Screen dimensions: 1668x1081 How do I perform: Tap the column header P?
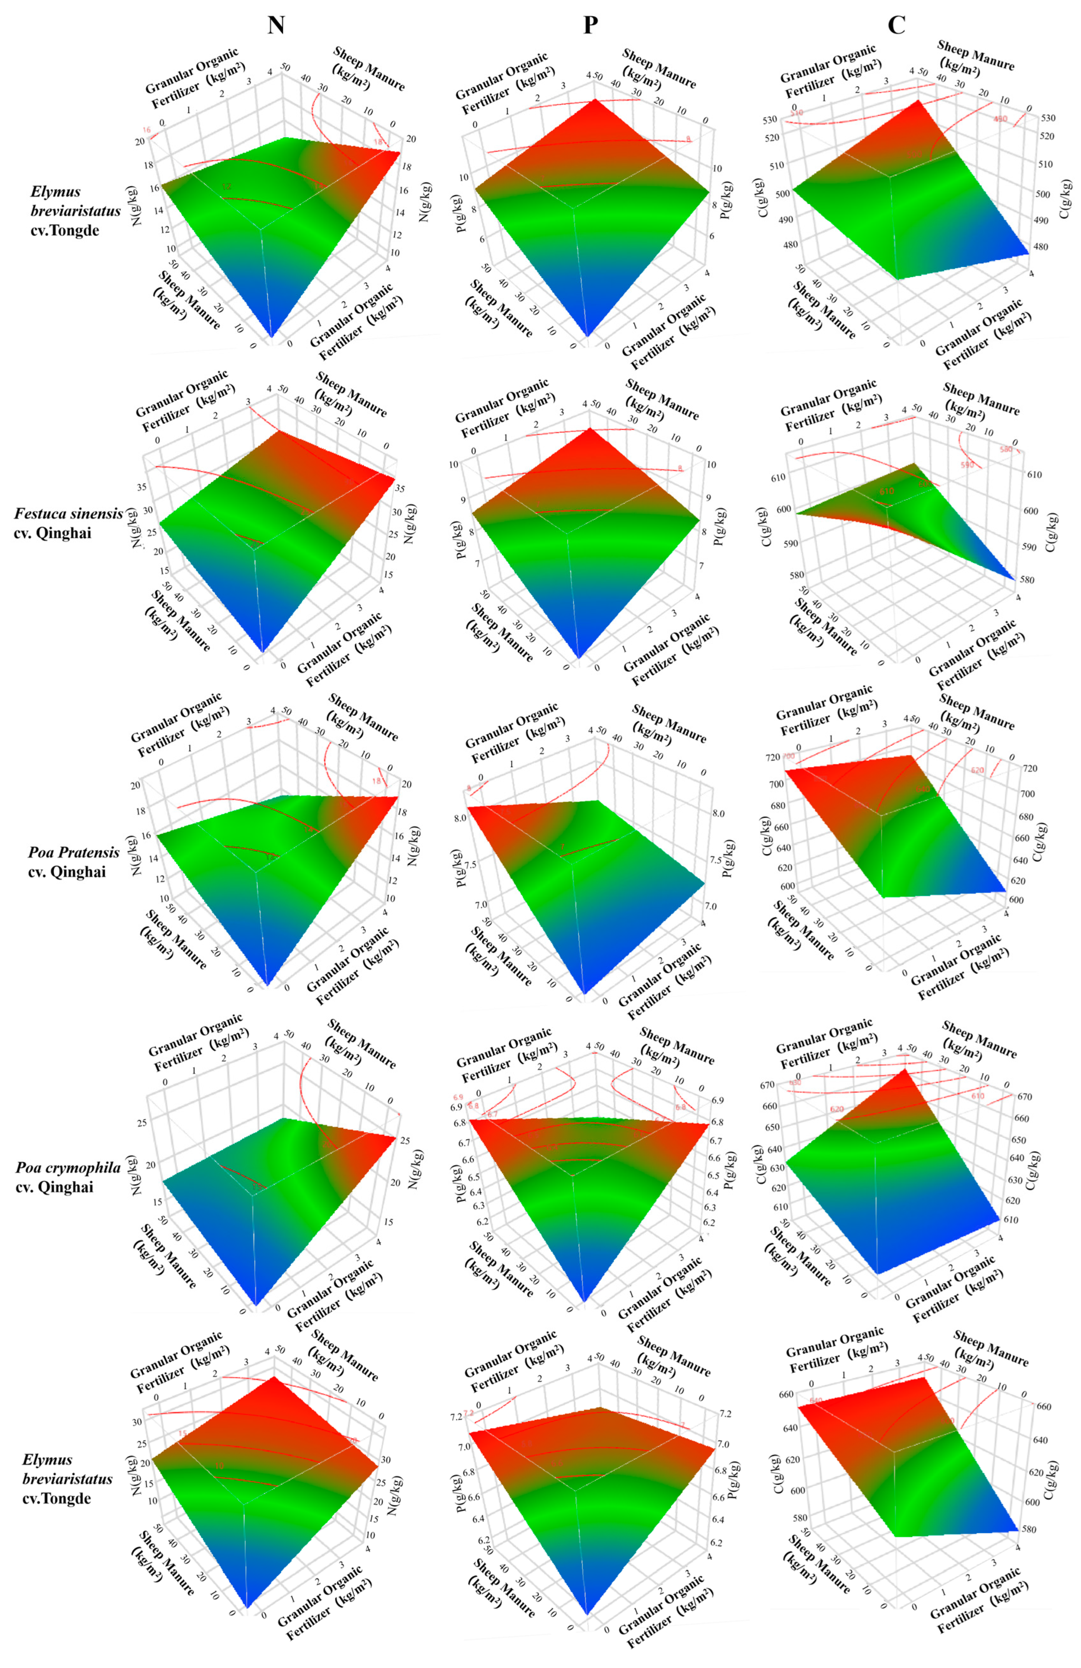tap(591, 25)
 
